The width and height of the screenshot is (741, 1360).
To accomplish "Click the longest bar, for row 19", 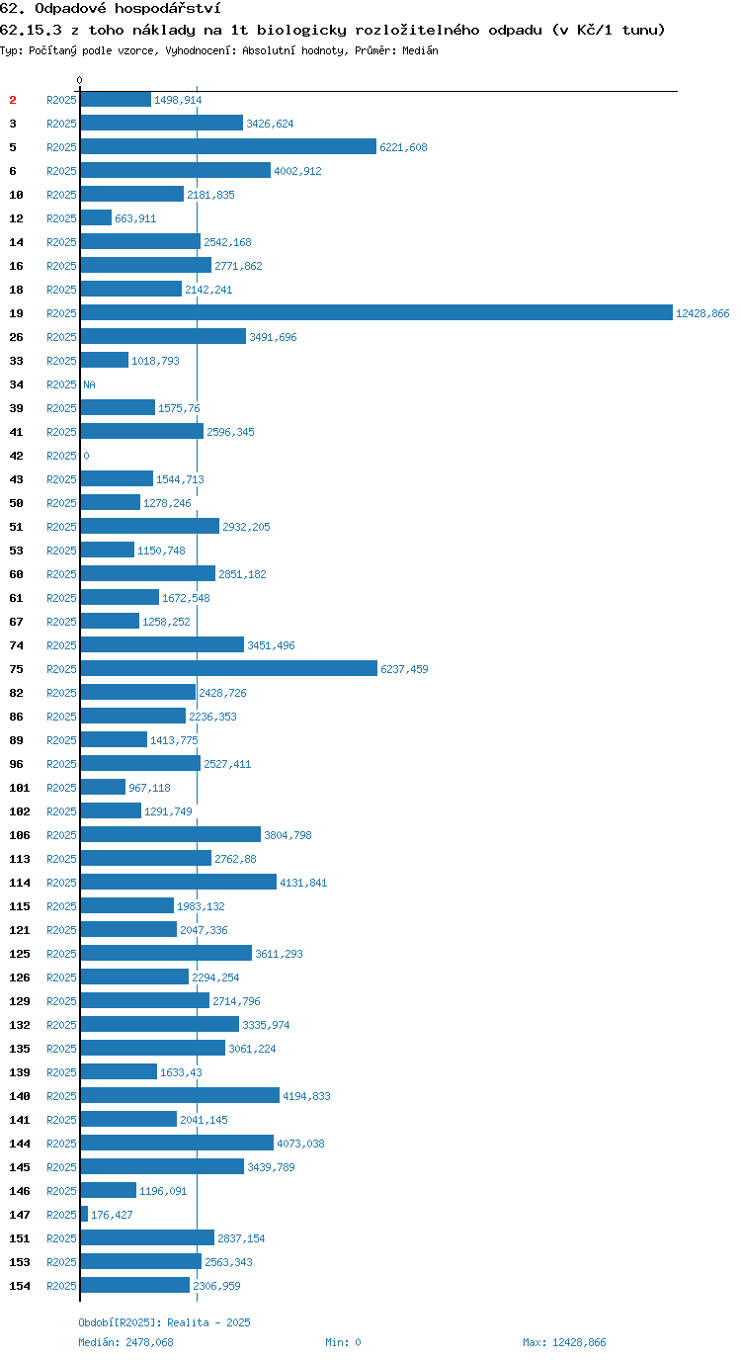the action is [x=376, y=312].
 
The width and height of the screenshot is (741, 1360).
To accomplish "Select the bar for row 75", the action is [x=229, y=668].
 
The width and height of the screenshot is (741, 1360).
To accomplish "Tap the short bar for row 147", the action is [x=84, y=1215].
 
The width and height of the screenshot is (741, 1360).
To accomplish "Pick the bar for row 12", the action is [x=96, y=218].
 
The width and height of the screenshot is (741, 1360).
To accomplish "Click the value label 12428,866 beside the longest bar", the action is [x=702, y=313].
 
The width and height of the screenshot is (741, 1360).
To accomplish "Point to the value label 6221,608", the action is [x=403, y=147].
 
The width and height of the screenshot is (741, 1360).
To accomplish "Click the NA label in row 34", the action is [x=89, y=384].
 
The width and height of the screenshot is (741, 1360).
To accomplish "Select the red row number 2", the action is [x=13, y=100].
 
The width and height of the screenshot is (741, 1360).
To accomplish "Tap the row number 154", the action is [x=20, y=1286].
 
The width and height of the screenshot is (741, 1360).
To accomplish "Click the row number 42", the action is [x=17, y=456].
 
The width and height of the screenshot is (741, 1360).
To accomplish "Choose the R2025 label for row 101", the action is [x=61, y=788].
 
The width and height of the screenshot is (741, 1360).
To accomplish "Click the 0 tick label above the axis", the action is [x=79, y=80].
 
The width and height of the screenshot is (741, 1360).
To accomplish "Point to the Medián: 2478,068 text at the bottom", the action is [x=125, y=1342].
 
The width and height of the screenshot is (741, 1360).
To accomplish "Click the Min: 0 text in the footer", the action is [x=343, y=1342].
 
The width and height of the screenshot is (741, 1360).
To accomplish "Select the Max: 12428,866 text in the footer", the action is [x=564, y=1342].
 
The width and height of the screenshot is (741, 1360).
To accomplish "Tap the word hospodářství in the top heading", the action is [x=168, y=9].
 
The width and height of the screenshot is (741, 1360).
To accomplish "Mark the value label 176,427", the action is [x=112, y=1215].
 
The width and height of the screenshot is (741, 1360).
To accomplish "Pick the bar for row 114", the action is [x=179, y=882].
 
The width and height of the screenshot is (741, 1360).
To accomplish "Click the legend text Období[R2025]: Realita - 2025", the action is [x=164, y=1322].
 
